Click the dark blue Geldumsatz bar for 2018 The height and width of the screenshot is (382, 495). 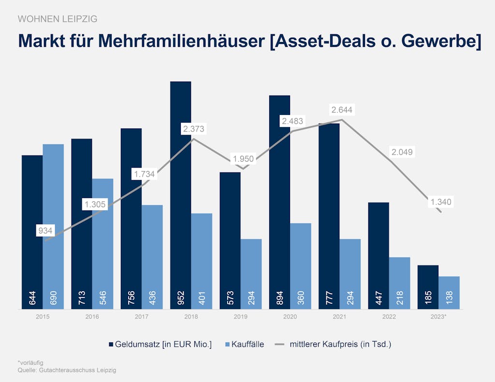181,193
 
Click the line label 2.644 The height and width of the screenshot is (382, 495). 342,110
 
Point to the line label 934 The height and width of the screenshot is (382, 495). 45,231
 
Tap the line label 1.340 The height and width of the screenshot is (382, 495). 440,202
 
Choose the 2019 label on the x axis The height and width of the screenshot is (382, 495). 240,317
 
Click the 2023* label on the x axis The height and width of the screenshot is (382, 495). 438,317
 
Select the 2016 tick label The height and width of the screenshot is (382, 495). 92,317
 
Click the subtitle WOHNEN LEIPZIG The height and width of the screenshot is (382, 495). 57,19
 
